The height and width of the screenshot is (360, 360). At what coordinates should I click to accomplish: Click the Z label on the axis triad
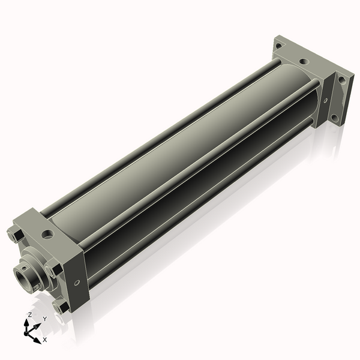[30, 314]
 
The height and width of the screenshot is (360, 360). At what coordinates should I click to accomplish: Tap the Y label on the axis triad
[44, 319]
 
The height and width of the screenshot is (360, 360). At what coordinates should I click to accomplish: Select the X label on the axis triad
[44, 340]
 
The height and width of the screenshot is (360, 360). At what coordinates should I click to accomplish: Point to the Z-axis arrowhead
[28, 323]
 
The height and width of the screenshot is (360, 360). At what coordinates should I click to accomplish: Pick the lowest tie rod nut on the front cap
[60, 307]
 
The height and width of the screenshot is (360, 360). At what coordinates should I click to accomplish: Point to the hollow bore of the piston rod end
[24, 277]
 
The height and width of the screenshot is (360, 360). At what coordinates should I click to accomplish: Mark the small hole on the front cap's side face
[76, 282]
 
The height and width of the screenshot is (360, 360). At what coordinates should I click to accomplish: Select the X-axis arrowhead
[38, 338]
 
